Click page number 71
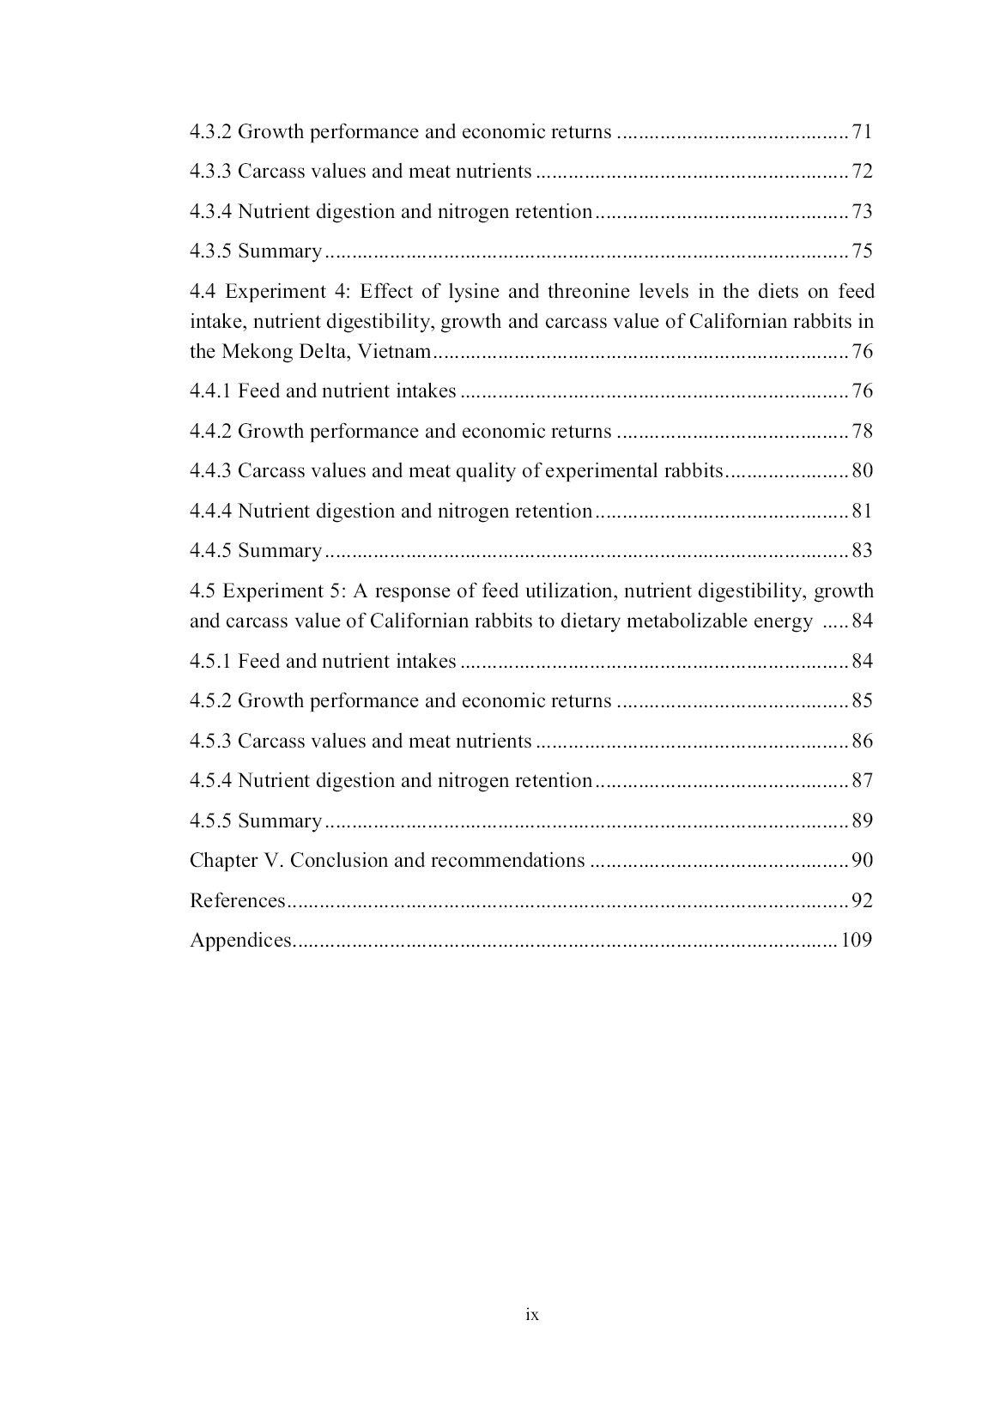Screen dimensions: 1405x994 (x=861, y=132)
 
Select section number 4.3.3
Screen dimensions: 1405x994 (x=210, y=172)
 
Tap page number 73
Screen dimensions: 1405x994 (x=861, y=212)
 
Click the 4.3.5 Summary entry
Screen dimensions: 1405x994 (x=256, y=251)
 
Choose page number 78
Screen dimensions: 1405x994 (x=861, y=432)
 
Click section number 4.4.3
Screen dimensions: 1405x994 (x=210, y=471)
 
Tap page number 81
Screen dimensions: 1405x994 (x=861, y=512)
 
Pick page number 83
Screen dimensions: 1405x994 (x=861, y=551)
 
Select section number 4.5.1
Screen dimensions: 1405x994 (x=210, y=662)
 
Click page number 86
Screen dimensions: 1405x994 (x=861, y=742)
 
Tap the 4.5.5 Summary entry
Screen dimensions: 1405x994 (x=256, y=821)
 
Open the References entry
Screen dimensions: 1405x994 (x=237, y=901)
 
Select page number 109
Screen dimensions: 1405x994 (x=857, y=941)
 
